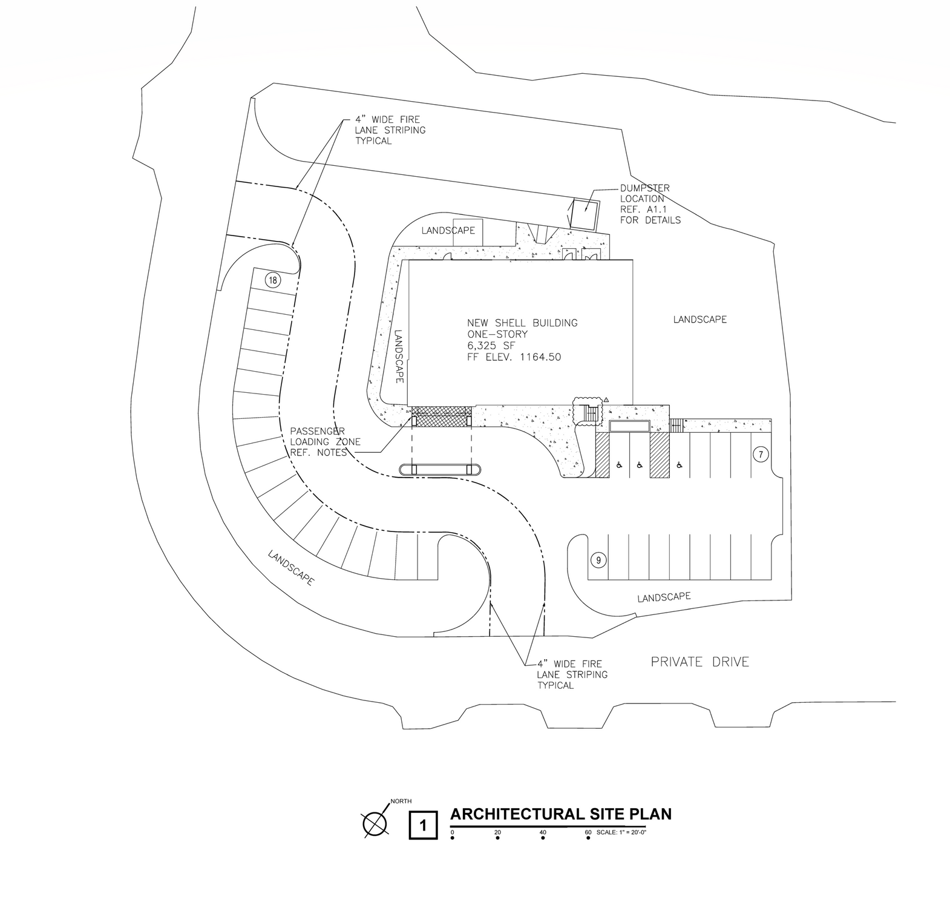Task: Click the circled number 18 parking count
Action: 273,280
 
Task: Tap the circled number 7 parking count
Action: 760,454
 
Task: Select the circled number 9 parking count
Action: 598,560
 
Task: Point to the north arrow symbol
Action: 375,823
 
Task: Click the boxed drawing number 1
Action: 424,825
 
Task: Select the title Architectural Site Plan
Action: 561,814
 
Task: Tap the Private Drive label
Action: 699,662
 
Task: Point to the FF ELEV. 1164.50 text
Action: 514,357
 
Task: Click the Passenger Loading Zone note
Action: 325,442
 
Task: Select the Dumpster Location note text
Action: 650,204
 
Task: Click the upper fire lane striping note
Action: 390,130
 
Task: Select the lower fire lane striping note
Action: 572,674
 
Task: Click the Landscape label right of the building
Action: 699,319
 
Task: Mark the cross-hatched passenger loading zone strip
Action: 441,419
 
